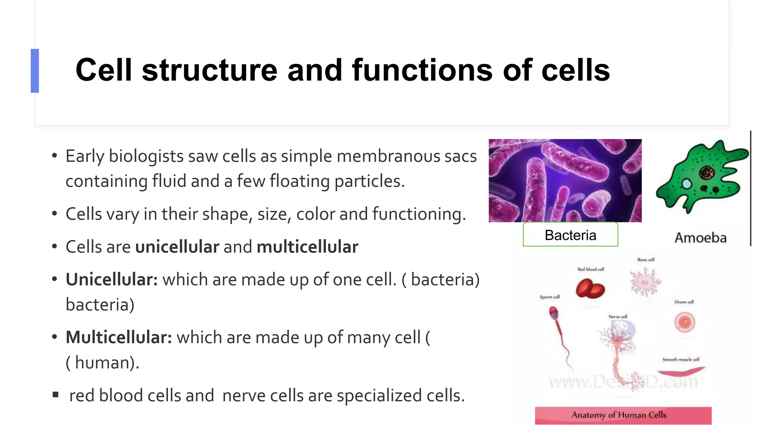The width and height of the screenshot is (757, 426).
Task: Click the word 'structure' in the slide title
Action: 209,70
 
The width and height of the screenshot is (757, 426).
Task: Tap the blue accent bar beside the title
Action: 35,71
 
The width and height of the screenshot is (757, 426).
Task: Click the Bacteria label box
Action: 570,235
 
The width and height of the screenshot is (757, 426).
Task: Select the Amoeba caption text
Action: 700,238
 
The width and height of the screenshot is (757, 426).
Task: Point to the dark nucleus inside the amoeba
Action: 707,172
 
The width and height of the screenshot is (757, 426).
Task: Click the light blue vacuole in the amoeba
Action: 686,184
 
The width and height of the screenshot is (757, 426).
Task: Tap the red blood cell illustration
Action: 590,289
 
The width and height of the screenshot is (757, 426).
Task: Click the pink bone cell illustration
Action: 645,282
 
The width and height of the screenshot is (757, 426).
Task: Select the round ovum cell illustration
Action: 685,322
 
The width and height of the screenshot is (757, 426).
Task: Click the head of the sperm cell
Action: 554,314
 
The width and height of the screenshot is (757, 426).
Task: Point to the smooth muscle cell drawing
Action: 680,372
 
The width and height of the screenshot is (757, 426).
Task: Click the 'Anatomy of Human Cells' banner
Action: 623,415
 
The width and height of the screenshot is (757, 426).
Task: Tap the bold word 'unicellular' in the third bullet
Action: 177,247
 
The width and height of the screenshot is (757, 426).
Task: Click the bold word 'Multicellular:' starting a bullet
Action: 119,338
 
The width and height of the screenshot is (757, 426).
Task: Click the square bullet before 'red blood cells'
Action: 55,395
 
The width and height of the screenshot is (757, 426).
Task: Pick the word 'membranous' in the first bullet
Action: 388,156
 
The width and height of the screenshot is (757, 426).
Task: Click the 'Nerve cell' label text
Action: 618,317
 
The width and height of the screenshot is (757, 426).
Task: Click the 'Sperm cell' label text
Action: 549,297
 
